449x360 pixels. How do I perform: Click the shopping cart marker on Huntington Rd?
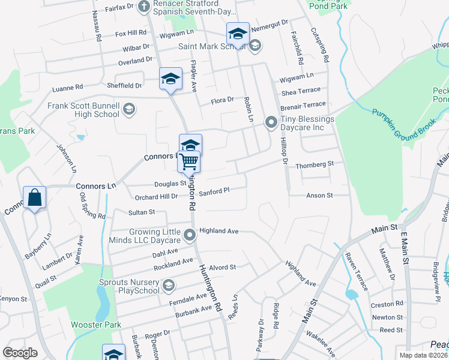coord(189,161)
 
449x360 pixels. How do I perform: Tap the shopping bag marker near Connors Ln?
coord(35,197)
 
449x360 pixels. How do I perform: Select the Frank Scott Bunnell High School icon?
coord(128,109)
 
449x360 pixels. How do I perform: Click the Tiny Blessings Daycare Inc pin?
coord(271,122)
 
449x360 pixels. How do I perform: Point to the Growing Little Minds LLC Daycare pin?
coord(190,235)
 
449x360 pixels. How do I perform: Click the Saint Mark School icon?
coord(255,46)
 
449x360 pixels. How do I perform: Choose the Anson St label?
coord(319,196)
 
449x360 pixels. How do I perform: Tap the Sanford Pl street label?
coord(214,192)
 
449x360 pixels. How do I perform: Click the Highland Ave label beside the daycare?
coord(219,230)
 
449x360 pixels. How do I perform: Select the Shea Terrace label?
coord(301,91)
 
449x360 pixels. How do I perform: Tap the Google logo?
coord(20,353)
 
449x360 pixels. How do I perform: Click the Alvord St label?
coord(223,267)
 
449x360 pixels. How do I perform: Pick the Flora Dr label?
coord(222,101)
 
